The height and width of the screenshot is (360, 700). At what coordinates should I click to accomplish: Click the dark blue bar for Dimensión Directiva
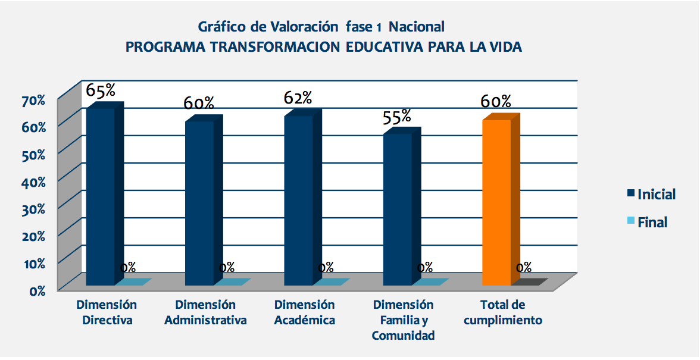(101, 196)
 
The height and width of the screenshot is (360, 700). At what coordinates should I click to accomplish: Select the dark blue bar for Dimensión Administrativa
(200, 202)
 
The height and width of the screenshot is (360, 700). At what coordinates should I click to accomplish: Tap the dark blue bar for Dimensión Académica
(299, 200)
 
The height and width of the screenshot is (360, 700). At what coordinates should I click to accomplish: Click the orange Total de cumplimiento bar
(497, 202)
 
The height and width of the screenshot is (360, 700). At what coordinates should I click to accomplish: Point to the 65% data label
(101, 90)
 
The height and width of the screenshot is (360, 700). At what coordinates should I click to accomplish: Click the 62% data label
(298, 98)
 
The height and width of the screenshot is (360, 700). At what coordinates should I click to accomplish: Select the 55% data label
(396, 116)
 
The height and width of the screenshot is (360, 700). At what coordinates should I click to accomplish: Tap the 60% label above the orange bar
(496, 102)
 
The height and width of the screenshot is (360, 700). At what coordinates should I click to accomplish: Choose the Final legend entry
(652, 223)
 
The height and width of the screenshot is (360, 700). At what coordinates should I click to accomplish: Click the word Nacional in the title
(417, 27)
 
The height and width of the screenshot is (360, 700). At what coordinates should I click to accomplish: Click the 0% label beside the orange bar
(524, 268)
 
